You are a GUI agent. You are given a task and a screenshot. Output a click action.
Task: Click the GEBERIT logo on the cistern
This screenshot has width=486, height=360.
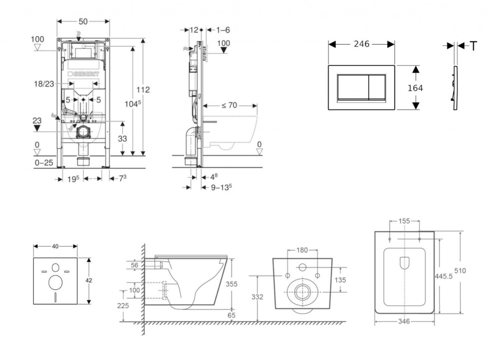[x=85, y=74]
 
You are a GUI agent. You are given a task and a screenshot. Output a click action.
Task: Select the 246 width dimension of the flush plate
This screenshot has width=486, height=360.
[x=362, y=44]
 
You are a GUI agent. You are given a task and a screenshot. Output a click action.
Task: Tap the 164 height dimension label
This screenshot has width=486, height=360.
[x=415, y=88]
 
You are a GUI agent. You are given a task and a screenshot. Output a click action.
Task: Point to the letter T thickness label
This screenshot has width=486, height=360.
[x=473, y=46]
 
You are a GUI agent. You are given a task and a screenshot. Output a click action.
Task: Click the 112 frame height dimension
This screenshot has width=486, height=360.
[x=143, y=89]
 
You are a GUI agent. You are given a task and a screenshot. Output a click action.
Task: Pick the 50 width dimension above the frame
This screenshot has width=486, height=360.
[x=83, y=21]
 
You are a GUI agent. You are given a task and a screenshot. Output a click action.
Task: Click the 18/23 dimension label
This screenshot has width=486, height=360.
[x=44, y=84]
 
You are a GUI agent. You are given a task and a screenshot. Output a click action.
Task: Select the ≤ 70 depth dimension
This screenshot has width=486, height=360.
[x=229, y=105]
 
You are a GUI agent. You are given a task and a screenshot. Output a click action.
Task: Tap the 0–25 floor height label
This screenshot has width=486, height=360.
[x=44, y=163]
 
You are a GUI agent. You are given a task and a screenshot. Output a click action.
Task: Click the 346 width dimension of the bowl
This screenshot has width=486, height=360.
[x=403, y=322]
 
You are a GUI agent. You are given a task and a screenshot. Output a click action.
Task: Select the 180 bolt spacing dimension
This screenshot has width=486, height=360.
[x=302, y=250]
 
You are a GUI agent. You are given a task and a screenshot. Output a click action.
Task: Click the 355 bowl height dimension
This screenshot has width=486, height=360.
[x=231, y=284]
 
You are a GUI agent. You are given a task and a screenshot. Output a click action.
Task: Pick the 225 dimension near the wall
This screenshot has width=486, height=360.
[x=122, y=306]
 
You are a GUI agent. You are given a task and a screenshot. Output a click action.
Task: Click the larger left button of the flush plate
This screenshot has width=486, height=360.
[x=352, y=87]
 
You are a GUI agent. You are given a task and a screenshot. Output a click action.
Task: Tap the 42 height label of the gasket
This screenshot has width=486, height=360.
[x=89, y=280]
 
